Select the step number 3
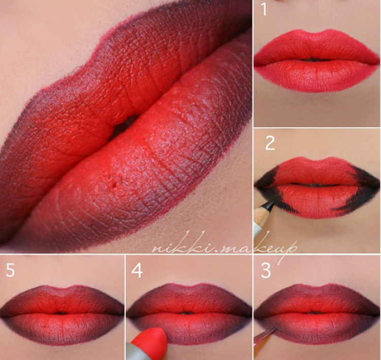click(x=266, y=271)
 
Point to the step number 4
click(x=137, y=271)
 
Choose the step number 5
click(x=10, y=270)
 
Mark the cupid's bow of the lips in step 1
click(x=315, y=34)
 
